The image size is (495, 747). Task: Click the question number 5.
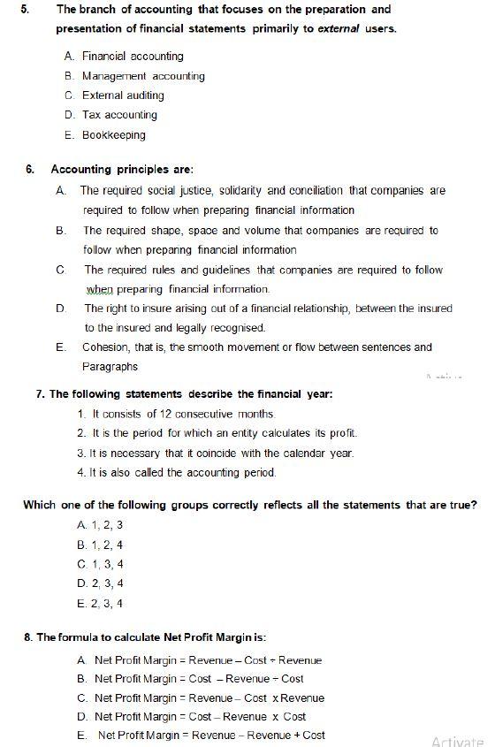[x=26, y=10]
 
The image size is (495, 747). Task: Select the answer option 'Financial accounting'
[x=133, y=56]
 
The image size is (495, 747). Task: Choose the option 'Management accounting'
[x=143, y=76]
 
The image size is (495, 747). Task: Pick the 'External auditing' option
[x=123, y=95]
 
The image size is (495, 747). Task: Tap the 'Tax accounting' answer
[x=119, y=115]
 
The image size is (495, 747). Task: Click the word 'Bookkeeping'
[x=114, y=135]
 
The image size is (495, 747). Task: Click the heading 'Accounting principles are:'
[x=122, y=169]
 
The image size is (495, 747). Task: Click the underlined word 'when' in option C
[x=103, y=290]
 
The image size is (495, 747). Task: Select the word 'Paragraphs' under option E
[x=110, y=366]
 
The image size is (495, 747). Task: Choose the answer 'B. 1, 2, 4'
[x=100, y=545]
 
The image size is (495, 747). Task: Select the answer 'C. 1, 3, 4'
[x=100, y=564]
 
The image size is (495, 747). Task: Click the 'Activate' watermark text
[x=458, y=741]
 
